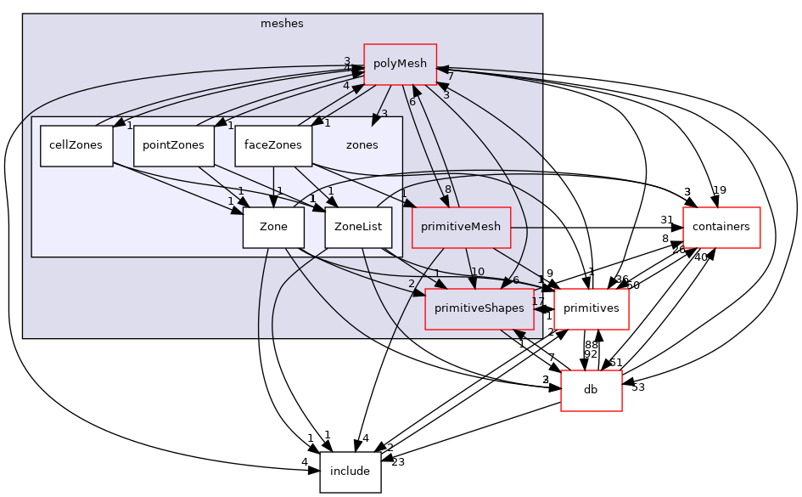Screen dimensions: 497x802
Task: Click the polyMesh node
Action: [x=400, y=64]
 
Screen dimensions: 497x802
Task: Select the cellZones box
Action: [x=76, y=145]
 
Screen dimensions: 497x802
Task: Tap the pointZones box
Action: [x=173, y=145]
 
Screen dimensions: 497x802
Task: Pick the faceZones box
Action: [x=272, y=145]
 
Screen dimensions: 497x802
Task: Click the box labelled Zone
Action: [x=273, y=227]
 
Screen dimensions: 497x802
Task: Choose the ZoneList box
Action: [x=358, y=227]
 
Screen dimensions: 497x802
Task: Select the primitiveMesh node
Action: [x=461, y=227]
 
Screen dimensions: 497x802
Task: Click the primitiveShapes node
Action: [x=479, y=308]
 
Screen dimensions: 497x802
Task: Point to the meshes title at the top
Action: [x=282, y=24]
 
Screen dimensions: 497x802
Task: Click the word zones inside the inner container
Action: [x=362, y=145]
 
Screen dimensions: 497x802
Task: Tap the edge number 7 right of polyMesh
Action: [x=451, y=77]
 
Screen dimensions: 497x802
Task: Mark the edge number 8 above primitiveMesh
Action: [x=448, y=189]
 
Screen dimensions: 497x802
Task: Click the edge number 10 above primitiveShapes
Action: [x=478, y=272]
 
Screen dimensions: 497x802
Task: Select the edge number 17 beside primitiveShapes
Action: [x=537, y=301]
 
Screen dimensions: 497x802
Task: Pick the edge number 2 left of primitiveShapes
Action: [x=412, y=284]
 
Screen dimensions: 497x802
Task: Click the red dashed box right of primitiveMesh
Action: [x=721, y=228]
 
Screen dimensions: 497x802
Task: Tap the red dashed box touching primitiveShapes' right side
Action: [x=591, y=309]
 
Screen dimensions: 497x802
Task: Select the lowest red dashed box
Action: [x=591, y=391]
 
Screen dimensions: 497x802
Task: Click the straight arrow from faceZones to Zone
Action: [x=273, y=187]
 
